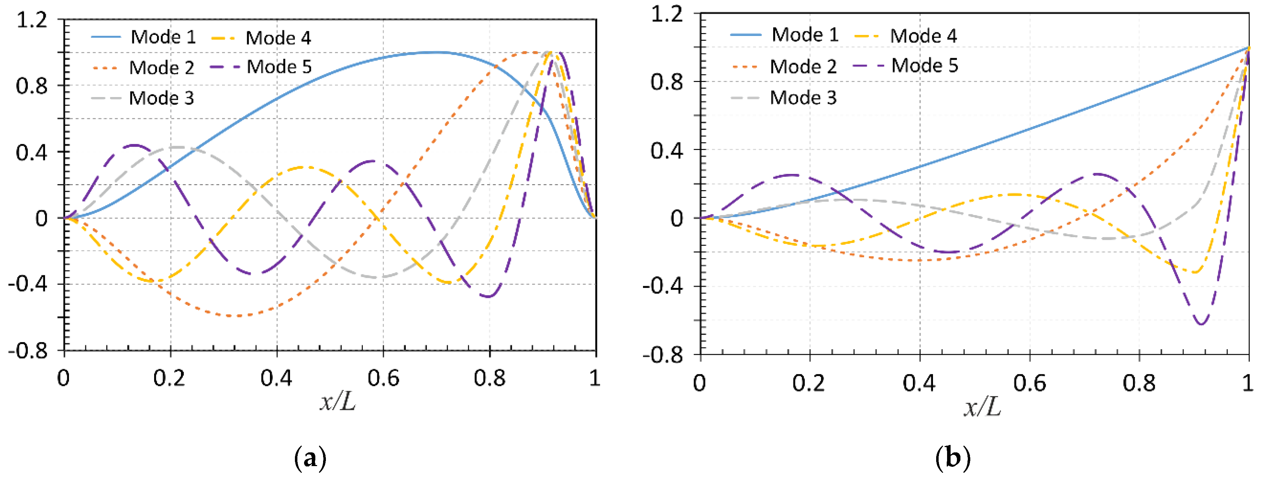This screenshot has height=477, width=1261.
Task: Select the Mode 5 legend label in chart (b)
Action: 924,65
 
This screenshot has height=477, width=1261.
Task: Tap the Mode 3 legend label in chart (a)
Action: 161,98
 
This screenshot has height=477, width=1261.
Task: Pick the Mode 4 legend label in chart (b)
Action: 923,36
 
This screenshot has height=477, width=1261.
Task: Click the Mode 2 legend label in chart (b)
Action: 803,66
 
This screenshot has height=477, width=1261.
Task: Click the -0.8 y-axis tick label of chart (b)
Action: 662,354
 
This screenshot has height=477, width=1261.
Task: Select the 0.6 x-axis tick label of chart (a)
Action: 383,378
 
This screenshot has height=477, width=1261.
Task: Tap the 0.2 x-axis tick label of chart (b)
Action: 809,383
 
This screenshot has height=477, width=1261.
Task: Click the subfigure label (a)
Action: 310,458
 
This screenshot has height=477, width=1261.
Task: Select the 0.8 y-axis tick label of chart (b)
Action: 666,82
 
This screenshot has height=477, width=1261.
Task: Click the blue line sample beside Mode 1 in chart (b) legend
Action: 745,35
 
